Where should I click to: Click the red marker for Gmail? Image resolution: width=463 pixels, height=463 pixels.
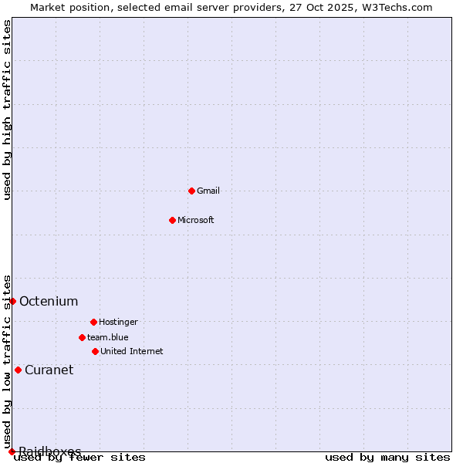coord(191,191)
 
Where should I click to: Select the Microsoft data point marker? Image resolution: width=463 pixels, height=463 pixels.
coord(172,220)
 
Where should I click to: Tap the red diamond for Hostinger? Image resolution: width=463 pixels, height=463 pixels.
coord(93,322)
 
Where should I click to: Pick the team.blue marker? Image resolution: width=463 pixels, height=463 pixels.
coord(82,337)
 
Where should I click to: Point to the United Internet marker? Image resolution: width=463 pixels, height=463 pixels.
coord(95,351)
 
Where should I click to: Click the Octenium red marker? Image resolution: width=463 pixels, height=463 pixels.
coord(12,301)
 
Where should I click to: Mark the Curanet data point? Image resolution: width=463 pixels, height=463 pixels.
coord(18,370)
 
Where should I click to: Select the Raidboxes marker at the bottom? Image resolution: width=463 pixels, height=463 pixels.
coord(12,451)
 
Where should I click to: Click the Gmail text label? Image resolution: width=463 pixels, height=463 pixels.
coord(208,191)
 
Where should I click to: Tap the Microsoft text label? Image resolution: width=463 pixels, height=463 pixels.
coord(196,220)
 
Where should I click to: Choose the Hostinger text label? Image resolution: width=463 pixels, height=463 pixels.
coord(118,322)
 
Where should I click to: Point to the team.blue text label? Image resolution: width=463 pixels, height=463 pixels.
coord(108,337)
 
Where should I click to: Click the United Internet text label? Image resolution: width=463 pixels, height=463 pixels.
coord(132,351)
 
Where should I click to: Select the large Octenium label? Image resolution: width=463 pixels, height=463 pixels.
coord(49,301)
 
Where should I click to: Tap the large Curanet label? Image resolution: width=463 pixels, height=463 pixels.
coord(49,370)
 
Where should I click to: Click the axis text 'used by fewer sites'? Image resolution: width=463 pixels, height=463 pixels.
coord(79,458)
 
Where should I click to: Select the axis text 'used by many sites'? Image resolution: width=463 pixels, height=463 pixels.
coord(387,458)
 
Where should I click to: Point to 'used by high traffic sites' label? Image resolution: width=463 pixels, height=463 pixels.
coord(8,110)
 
